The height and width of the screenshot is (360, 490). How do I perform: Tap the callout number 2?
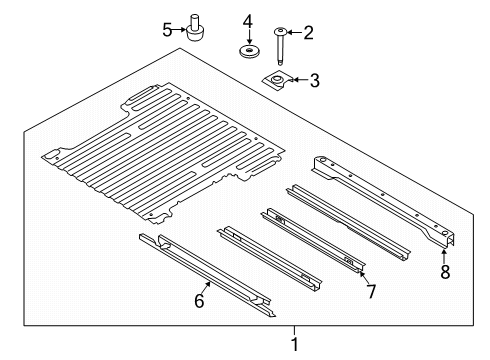(308, 33)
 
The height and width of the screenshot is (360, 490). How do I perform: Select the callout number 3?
(314, 80)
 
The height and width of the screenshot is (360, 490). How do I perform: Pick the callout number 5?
(167, 29)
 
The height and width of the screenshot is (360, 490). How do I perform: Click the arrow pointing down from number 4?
(248, 33)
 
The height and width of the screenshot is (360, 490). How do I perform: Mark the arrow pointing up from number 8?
(445, 252)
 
